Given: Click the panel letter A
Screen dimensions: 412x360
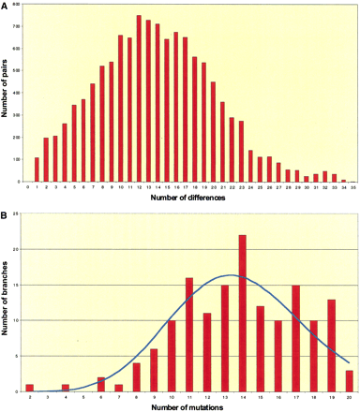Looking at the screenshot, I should (5, 5).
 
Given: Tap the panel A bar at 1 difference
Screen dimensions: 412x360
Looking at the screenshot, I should (37, 169).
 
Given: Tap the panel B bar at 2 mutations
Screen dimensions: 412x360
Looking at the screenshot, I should (30, 388).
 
